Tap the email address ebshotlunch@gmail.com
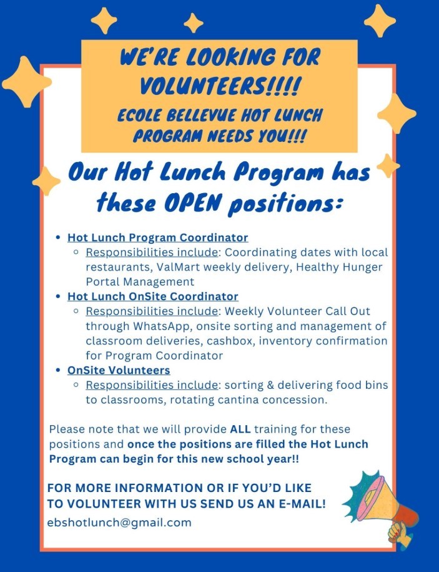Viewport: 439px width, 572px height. point(120,522)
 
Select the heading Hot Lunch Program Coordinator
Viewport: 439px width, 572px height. point(157,238)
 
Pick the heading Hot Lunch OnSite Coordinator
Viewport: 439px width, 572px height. point(152,296)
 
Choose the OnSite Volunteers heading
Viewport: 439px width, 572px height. point(119,370)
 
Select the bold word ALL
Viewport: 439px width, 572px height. point(240,429)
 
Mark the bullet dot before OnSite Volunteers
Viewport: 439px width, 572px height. point(58,370)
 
